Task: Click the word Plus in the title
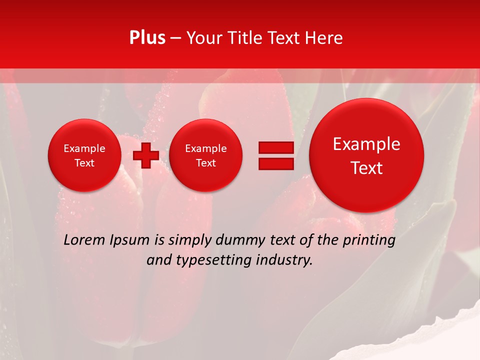point(147,38)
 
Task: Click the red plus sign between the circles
point(146,155)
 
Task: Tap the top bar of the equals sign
point(276,147)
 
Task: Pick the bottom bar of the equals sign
point(276,164)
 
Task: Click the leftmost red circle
point(84,155)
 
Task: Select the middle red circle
point(205,155)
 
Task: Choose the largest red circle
point(366,155)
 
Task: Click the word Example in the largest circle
point(366,144)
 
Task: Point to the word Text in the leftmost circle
point(84,163)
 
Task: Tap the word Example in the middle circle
point(205,148)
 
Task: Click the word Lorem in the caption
point(82,240)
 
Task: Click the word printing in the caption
point(368,240)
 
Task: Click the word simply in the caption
point(189,240)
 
